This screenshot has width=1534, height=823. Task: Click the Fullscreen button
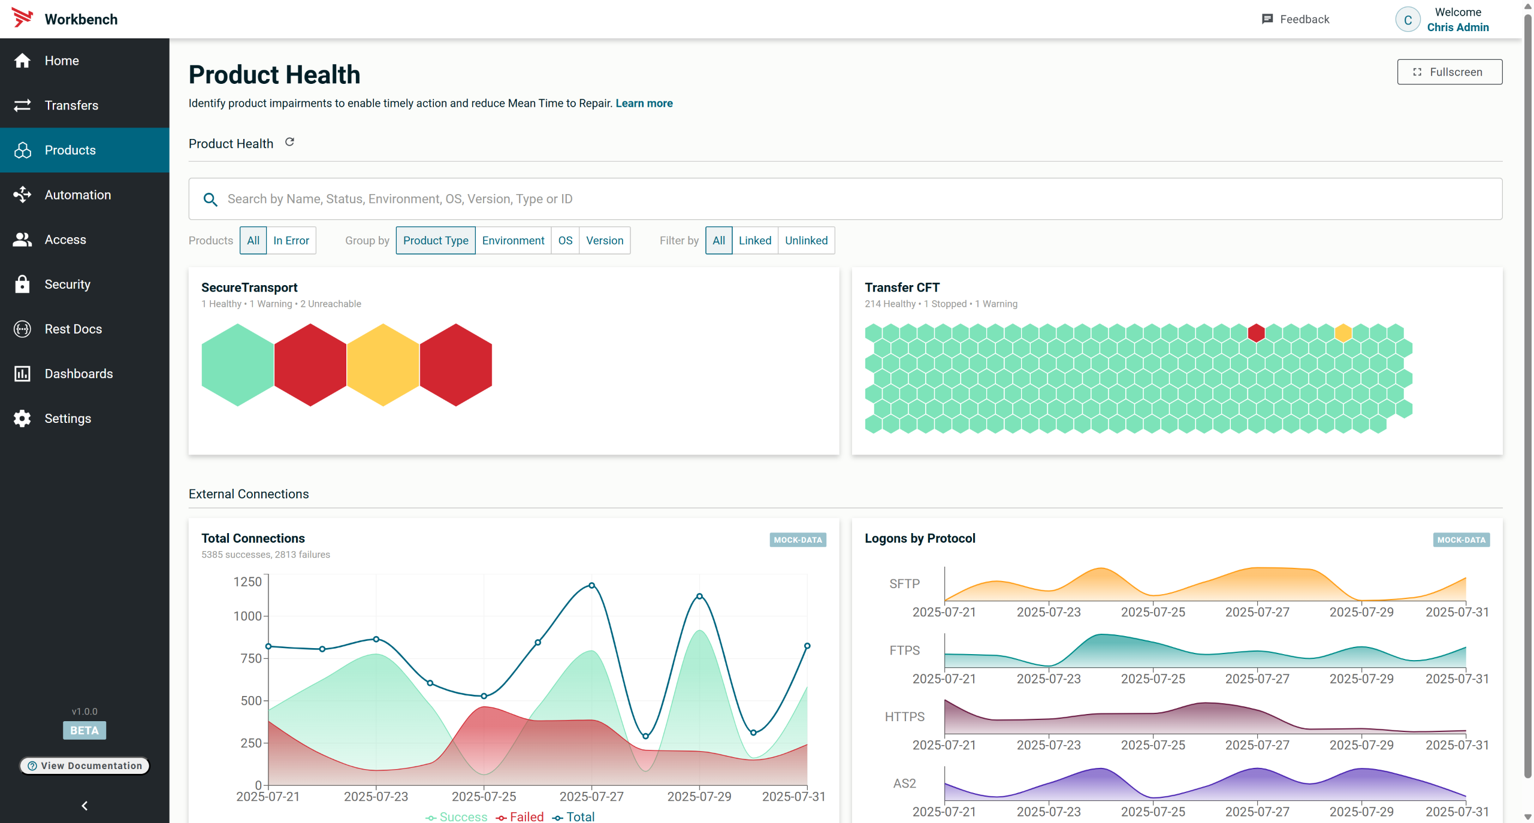pyautogui.click(x=1449, y=72)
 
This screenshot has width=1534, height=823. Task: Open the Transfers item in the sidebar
pyautogui.click(x=71, y=105)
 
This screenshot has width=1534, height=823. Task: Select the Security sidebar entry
pyautogui.click(x=67, y=285)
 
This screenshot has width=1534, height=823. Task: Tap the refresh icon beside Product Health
pyautogui.click(x=289, y=143)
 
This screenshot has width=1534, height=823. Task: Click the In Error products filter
pyautogui.click(x=291, y=241)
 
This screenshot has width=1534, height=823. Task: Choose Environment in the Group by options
pyautogui.click(x=513, y=241)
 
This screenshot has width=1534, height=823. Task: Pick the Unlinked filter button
pyautogui.click(x=806, y=241)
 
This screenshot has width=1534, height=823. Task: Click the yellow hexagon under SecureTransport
pyautogui.click(x=383, y=365)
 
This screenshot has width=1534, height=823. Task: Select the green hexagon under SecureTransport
pyautogui.click(x=237, y=365)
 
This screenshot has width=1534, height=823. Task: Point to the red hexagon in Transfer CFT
pyautogui.click(x=1256, y=333)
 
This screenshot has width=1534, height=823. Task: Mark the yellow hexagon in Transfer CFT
pyautogui.click(x=1343, y=333)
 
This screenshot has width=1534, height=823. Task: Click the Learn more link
pyautogui.click(x=644, y=104)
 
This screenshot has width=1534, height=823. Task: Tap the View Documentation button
pyautogui.click(x=84, y=765)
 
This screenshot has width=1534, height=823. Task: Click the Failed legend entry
pyautogui.click(x=520, y=817)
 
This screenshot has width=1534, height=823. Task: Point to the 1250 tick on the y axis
pyautogui.click(x=247, y=582)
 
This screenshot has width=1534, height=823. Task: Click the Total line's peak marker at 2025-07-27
pyautogui.click(x=591, y=586)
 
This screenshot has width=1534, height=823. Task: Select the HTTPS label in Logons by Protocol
pyautogui.click(x=904, y=717)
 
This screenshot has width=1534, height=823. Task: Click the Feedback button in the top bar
pyautogui.click(x=1296, y=19)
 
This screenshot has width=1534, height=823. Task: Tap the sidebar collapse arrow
pyautogui.click(x=84, y=806)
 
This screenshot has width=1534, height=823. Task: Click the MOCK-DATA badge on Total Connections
pyautogui.click(x=798, y=540)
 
